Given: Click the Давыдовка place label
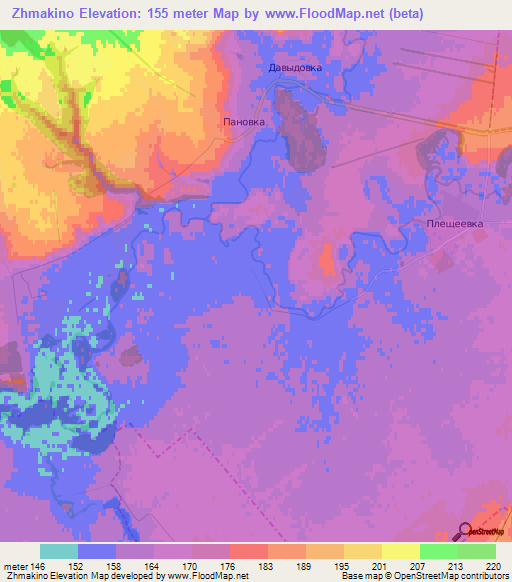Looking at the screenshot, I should tap(295, 69).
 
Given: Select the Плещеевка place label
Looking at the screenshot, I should tap(455, 224).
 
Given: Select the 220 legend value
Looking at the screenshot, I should tap(492, 566).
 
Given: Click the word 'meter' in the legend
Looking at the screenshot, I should tap(17, 566).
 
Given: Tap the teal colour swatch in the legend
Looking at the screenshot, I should tap(59, 551).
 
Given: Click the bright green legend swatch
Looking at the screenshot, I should tap(438, 551).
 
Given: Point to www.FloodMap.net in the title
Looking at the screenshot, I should tap(330, 13).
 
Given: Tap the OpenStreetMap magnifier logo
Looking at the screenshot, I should tap(466, 531).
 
